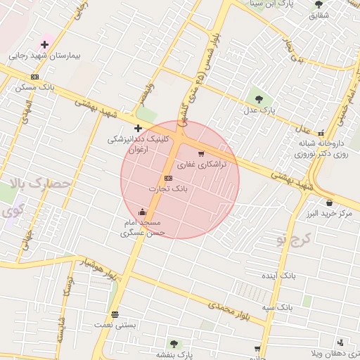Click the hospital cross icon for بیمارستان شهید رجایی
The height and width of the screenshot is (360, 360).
tap(44, 44)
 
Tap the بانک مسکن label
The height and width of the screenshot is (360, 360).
tap(34, 87)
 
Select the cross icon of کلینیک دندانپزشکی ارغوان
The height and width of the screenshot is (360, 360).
tap(138, 128)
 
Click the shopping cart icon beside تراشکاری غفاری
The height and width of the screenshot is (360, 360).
tap(201, 153)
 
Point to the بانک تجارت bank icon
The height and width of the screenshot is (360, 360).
tap(167, 178)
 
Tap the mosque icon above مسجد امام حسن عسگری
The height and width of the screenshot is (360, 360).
tap(142, 212)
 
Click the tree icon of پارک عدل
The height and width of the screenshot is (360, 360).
tap(258, 98)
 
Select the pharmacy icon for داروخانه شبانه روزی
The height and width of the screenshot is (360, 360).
tap(321, 132)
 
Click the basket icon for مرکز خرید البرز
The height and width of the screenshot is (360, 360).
tap(329, 202)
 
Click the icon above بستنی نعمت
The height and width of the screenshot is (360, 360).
tap(115, 314)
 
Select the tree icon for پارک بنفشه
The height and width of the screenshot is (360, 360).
tap(174, 344)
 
